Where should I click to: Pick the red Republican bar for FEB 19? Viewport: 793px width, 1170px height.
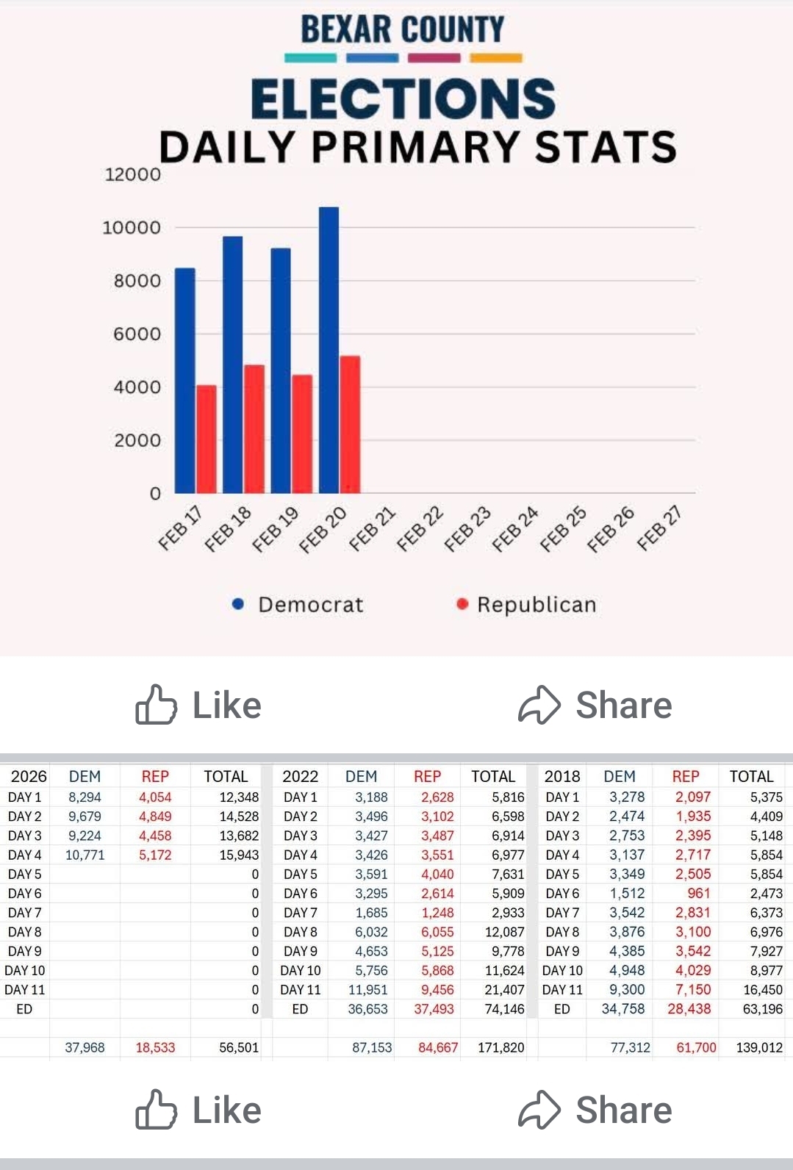tap(302, 434)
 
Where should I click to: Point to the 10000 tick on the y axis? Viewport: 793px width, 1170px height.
tap(132, 228)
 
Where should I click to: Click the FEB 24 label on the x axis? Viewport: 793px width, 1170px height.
tap(514, 528)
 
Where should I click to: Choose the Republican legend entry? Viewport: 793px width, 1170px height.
tap(526, 604)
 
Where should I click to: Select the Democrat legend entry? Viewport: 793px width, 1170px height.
tap(299, 604)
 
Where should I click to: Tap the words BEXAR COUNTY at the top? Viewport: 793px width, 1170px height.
tap(403, 30)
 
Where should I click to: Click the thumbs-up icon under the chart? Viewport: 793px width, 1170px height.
tap(156, 705)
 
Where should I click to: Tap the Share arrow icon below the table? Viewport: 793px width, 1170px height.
tap(539, 1110)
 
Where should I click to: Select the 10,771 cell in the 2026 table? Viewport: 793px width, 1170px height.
tap(85, 855)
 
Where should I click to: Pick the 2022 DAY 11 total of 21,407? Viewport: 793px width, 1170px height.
tap(504, 990)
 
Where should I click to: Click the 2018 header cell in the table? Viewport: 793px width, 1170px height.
tap(562, 776)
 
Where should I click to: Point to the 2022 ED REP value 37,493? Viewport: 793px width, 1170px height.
tap(434, 1009)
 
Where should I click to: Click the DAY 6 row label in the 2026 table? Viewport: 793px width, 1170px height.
tap(24, 894)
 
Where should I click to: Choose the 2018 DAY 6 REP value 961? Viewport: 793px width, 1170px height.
tap(698, 894)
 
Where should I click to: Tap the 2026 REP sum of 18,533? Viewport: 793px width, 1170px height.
tap(155, 1047)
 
